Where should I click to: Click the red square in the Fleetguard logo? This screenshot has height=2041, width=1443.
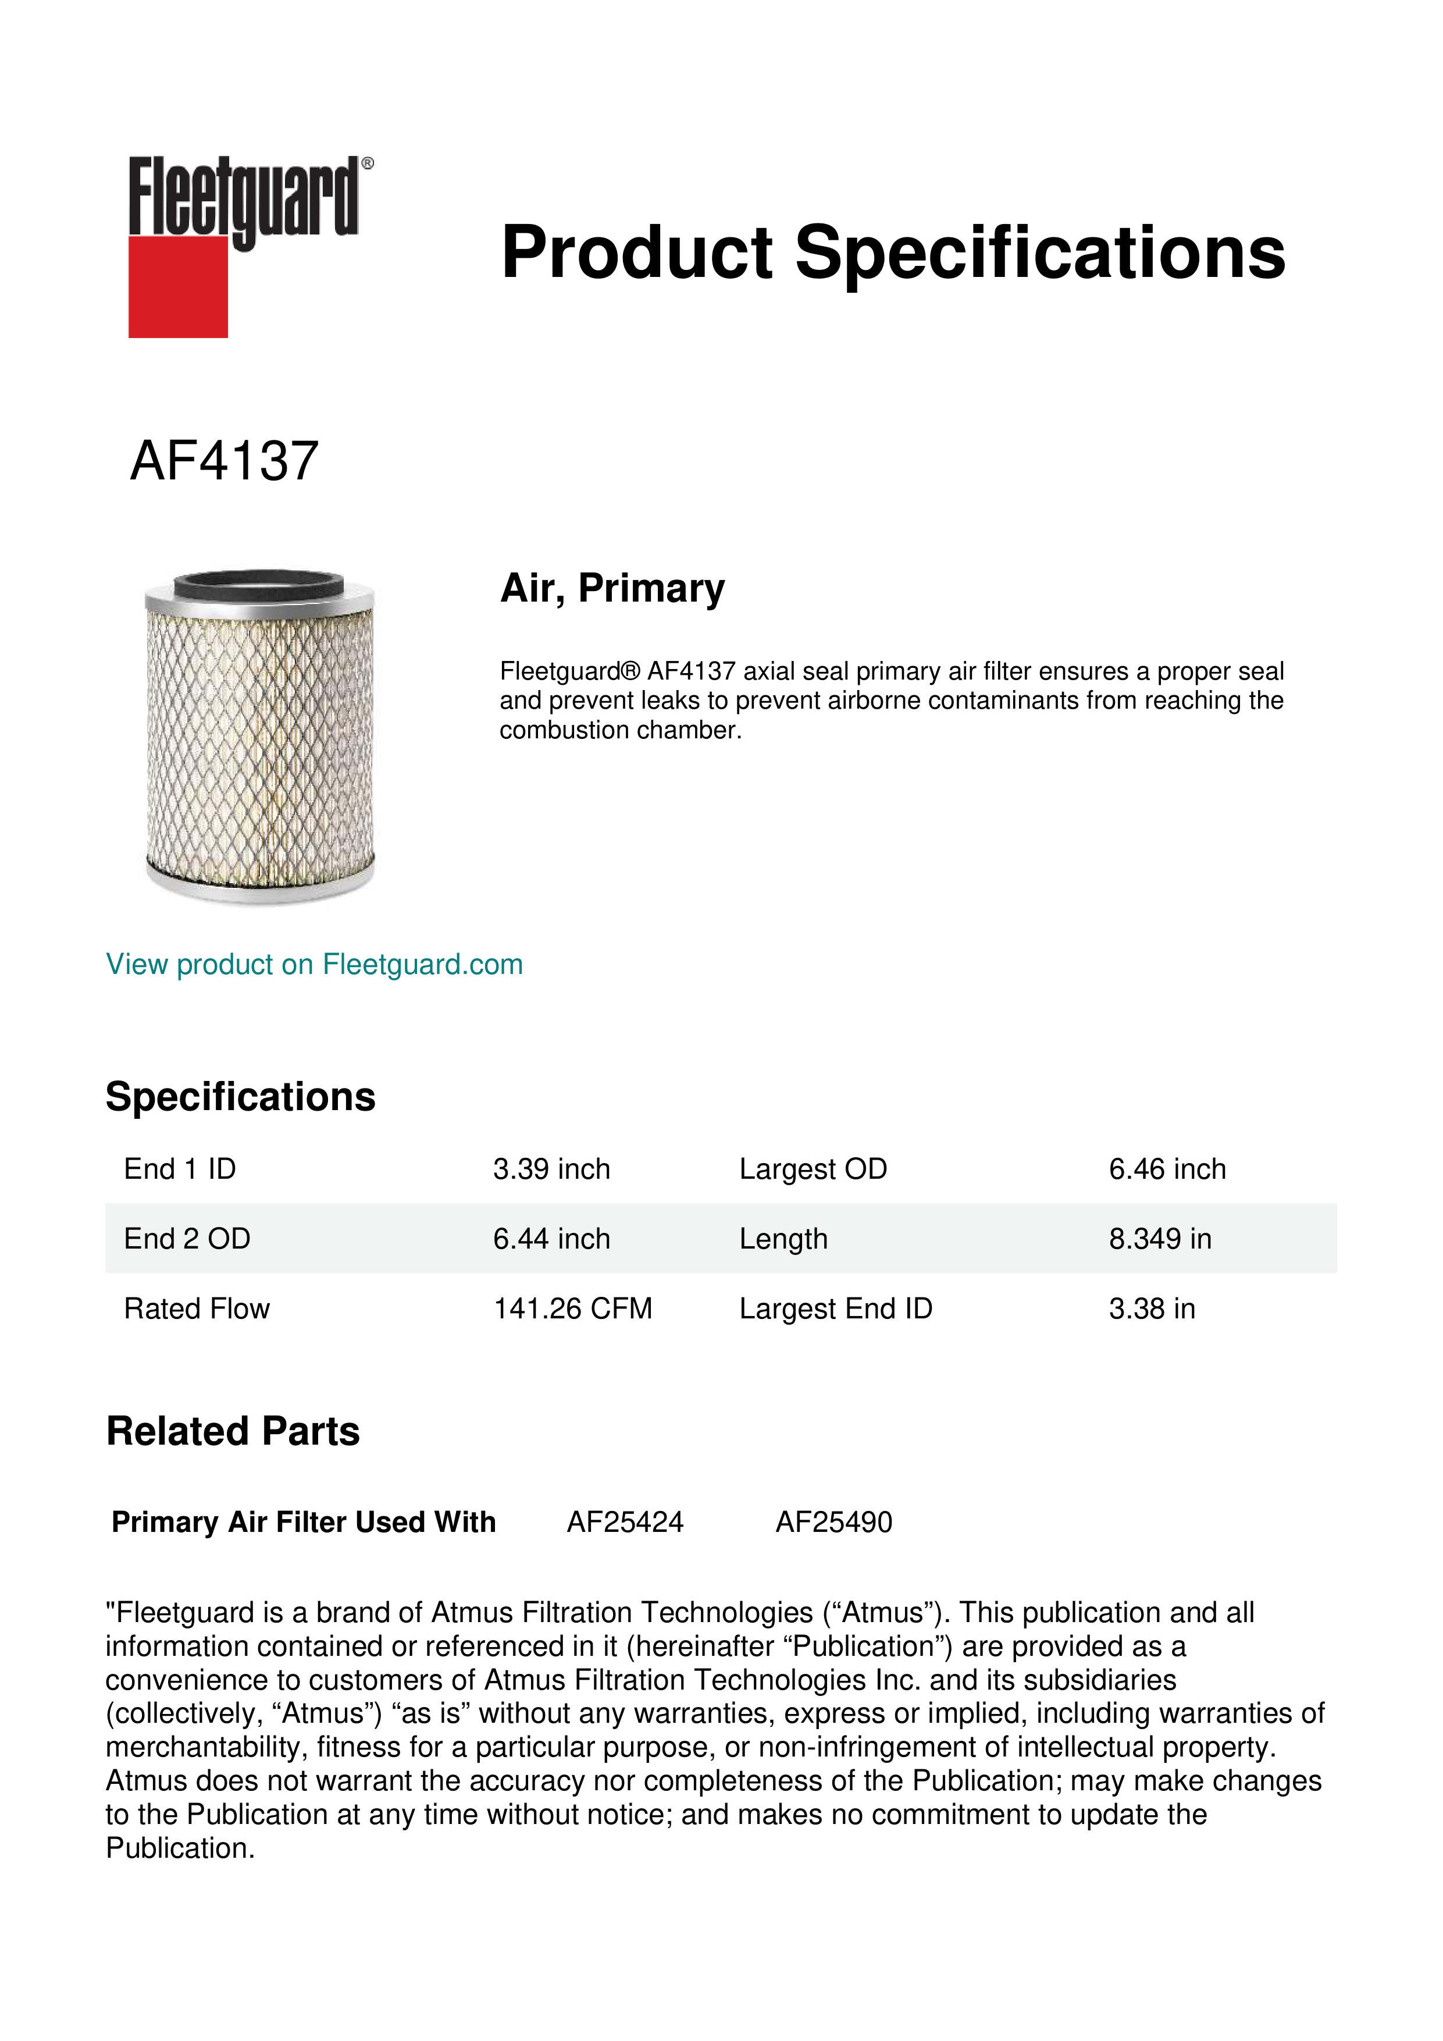coord(178,286)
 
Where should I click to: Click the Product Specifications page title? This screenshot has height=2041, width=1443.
coord(892,253)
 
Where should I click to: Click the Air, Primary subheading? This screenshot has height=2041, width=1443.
coord(612,588)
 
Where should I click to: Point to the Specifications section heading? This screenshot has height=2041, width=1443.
coord(240,1097)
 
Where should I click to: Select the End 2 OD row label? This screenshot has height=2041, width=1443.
coord(187,1238)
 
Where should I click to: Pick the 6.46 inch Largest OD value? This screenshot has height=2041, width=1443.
coord(1167,1169)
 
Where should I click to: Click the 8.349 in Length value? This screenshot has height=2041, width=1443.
coord(1160,1238)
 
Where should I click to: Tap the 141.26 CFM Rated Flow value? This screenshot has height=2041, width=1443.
coord(572,1308)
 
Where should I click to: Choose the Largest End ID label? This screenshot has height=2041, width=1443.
coord(835,1308)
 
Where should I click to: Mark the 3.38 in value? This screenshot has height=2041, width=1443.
coord(1152,1308)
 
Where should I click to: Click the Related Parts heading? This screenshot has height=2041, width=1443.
coord(233,1432)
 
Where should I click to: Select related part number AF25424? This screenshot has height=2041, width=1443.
coord(625,1522)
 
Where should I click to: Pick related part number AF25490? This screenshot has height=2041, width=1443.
coord(833,1522)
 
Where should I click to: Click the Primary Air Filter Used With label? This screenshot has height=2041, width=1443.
coord(304,1522)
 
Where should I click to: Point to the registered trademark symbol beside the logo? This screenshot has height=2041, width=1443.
coord(368,163)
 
